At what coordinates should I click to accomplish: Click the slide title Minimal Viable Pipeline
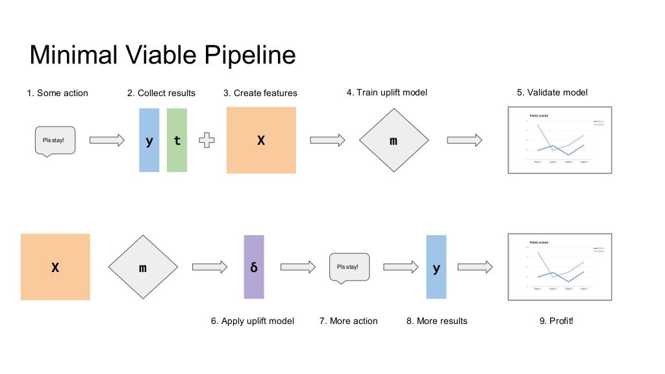(162, 55)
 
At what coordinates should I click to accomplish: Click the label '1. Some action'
(57, 93)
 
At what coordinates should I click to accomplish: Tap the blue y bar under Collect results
(149, 140)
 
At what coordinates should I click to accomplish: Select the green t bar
(177, 140)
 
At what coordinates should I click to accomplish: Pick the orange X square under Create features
(261, 140)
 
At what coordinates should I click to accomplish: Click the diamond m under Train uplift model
(394, 140)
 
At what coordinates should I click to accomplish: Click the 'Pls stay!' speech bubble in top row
(54, 140)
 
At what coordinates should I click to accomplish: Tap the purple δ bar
(254, 267)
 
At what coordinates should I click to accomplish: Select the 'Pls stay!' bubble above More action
(348, 266)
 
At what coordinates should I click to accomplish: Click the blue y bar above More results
(436, 267)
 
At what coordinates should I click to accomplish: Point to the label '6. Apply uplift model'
(253, 321)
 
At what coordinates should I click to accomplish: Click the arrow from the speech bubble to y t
(107, 140)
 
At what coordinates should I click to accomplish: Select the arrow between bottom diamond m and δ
(209, 267)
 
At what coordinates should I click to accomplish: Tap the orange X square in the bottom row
(55, 267)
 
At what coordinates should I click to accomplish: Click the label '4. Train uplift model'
(387, 93)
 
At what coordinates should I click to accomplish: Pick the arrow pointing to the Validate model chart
(464, 140)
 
